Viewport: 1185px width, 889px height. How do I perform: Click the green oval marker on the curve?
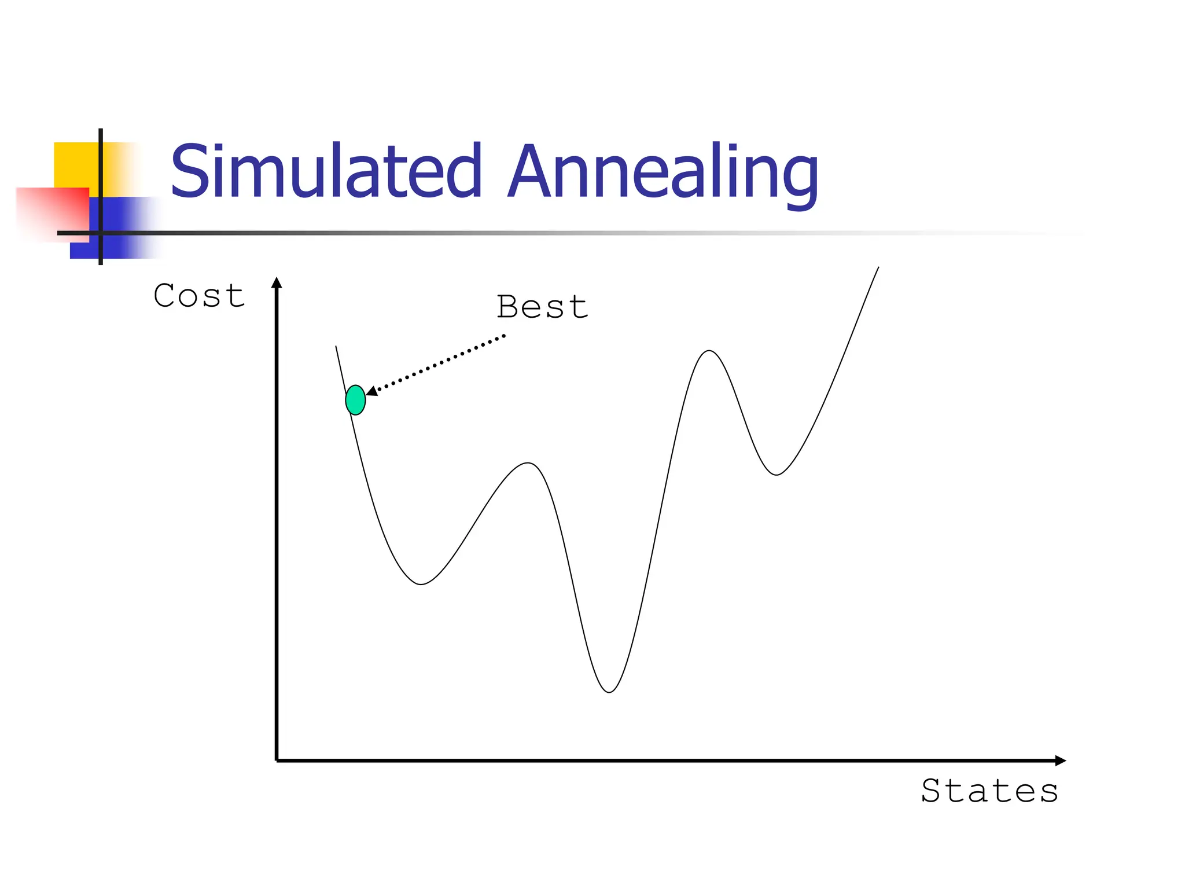coord(355,400)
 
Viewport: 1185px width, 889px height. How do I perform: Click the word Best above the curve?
coord(542,307)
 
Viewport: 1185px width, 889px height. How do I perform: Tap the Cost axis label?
coord(199,296)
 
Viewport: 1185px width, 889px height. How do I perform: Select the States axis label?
coord(989,791)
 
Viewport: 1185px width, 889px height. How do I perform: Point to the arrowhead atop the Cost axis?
coord(277,283)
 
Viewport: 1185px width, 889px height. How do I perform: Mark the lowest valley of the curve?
coord(609,692)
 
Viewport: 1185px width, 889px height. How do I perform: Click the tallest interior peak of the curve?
coord(709,351)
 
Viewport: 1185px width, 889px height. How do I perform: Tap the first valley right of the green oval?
coord(421,584)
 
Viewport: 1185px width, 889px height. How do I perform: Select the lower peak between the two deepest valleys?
coord(528,463)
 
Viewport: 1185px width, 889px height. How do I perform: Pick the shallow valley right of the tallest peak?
coord(776,475)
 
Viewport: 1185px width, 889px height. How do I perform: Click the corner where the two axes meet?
coord(277,761)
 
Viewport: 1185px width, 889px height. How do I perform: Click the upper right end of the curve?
coord(878,268)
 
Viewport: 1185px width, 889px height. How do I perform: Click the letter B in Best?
coord(507,306)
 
